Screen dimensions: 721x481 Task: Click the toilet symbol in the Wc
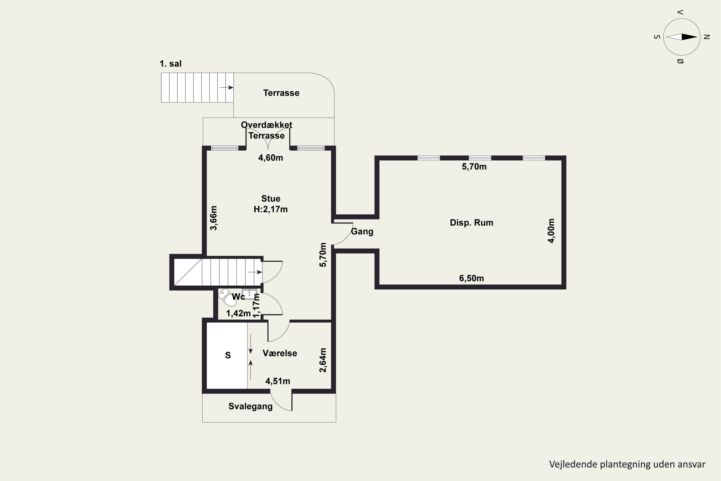[227, 297]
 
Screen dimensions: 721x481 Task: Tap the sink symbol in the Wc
[249, 294]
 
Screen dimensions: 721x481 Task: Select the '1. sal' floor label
[170, 64]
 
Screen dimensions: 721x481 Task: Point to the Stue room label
[271, 198]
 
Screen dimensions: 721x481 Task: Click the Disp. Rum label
[472, 223]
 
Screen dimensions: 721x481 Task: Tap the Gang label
[362, 232]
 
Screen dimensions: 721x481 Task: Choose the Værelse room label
[280, 353]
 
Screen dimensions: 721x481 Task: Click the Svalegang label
[250, 406]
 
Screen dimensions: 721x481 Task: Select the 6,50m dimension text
[472, 278]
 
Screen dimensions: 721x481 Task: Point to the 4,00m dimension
[551, 231]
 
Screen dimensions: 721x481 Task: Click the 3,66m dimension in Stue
[213, 218]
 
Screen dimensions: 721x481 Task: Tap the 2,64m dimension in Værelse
[323, 360]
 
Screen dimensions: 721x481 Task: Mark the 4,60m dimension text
[271, 158]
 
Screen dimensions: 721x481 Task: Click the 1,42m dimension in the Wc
[238, 314]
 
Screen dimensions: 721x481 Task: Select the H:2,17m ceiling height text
[271, 209]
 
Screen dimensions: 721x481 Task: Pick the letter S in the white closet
[228, 355]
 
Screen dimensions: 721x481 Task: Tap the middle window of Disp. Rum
[480, 158]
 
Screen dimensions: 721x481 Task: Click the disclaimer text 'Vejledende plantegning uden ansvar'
[627, 464]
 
